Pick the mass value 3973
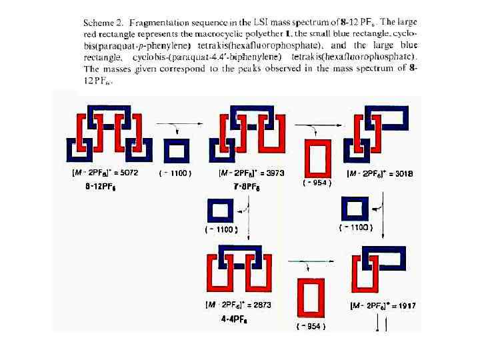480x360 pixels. (x=273, y=172)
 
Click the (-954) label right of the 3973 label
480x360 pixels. (x=317, y=183)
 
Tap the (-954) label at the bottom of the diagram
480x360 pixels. (x=311, y=326)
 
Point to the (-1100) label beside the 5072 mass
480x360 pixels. (x=176, y=173)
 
